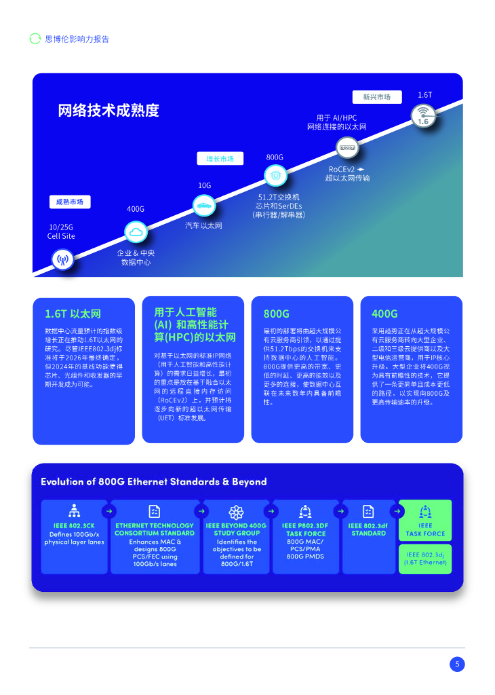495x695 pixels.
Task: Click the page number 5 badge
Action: tap(457, 664)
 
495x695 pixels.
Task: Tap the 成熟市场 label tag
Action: tap(70, 202)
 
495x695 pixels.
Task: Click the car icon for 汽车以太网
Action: tap(203, 205)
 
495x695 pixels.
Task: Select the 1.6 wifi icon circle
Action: tap(424, 115)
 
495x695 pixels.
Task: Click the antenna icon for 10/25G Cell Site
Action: tap(62, 259)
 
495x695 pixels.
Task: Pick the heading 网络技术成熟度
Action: tap(108, 111)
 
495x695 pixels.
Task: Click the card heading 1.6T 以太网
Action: tap(73, 314)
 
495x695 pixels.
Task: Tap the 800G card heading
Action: tap(276, 314)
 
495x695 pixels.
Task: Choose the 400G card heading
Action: tap(384, 314)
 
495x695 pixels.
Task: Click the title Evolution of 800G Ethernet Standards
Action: tap(153, 482)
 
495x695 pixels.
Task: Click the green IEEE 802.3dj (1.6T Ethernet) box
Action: tap(424, 559)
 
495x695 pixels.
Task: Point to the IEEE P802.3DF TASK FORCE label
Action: tap(305, 529)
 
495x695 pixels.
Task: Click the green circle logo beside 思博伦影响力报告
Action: tap(35, 39)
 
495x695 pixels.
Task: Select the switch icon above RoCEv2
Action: tap(347, 147)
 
